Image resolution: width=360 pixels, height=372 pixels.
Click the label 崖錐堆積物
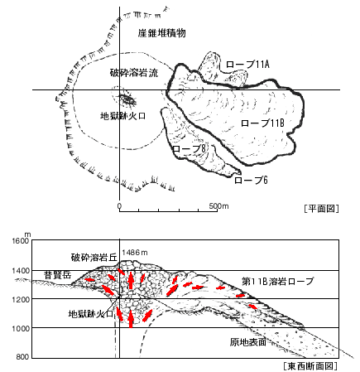click(162, 33)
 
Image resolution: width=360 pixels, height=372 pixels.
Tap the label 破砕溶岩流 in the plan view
click(134, 73)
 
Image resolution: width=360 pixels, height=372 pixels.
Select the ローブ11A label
click(247, 65)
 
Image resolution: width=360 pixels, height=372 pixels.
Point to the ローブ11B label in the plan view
click(262, 123)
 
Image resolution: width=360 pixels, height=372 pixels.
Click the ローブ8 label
click(190, 148)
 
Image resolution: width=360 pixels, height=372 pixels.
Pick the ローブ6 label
click(251, 181)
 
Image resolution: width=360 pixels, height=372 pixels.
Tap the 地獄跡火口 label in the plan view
click(122, 116)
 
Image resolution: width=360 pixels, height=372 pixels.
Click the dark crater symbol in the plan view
click(127, 99)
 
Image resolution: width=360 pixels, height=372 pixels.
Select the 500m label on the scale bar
click(218, 206)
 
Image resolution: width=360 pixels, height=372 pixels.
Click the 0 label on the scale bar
click(119, 206)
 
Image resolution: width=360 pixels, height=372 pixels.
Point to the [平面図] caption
click(321, 208)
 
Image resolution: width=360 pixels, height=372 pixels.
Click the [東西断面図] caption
click(310, 366)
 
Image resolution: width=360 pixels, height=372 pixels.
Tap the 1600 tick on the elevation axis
click(21, 240)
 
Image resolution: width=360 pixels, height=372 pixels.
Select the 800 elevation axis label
click(22, 357)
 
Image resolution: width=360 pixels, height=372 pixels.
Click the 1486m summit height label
click(135, 253)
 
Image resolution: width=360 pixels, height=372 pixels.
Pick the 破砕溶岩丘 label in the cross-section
click(94, 258)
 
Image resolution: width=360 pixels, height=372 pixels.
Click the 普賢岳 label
click(58, 275)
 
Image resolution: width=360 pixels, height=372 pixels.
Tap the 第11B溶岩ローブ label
click(277, 282)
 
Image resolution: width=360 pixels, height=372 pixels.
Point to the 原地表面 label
click(248, 342)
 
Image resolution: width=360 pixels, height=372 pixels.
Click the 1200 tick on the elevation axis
click(21, 300)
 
